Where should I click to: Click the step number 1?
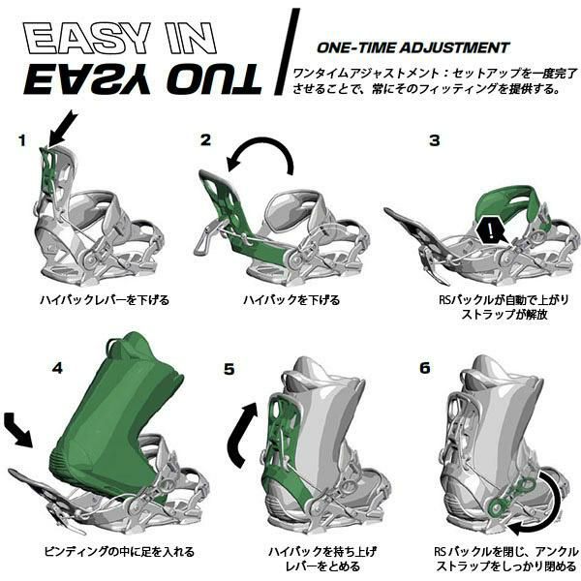(22, 140)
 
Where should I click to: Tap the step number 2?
(205, 139)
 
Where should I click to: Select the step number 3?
(434, 140)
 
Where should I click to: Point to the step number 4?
(57, 368)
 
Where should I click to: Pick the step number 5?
(229, 369)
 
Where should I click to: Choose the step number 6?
(425, 368)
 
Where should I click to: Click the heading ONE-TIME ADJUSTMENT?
(413, 47)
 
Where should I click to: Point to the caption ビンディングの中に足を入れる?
(119, 551)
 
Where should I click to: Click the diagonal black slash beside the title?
(288, 52)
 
